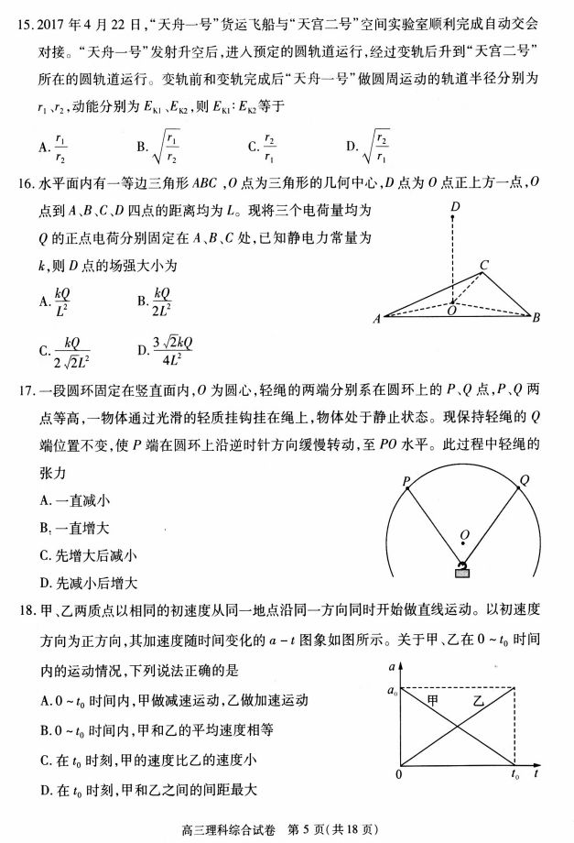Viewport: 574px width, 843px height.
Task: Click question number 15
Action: click(x=26, y=21)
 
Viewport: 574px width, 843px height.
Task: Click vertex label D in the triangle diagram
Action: click(x=454, y=210)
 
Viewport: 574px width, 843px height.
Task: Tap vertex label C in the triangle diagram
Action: click(x=483, y=265)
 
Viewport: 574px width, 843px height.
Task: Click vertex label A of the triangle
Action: click(x=377, y=320)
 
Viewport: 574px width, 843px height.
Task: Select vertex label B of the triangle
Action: click(x=537, y=318)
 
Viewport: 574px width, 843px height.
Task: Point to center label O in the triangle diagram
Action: click(x=450, y=311)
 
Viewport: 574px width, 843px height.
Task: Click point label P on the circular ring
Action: click(x=405, y=481)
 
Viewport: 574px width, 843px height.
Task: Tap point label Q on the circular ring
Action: click(x=524, y=479)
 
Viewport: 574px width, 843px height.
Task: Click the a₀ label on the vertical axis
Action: click(x=393, y=688)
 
